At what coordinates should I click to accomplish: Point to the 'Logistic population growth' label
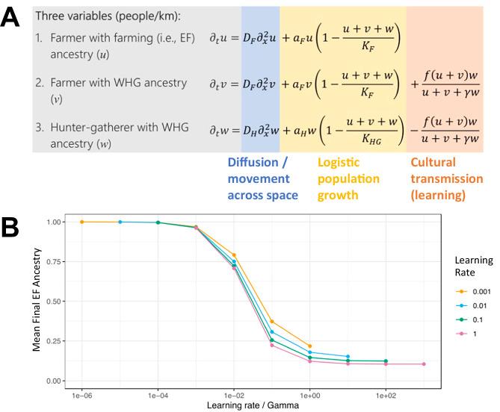(348, 178)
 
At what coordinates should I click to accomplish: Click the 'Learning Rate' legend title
(475, 267)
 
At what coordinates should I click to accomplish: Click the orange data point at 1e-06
(81, 222)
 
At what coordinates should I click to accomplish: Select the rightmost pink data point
(424, 364)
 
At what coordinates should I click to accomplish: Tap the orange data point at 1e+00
(309, 346)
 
